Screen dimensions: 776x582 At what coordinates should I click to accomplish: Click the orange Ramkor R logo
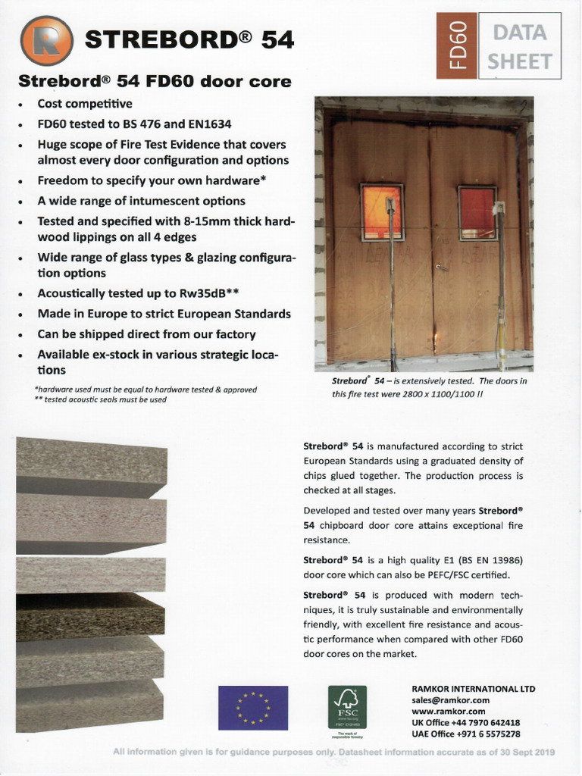(x=48, y=41)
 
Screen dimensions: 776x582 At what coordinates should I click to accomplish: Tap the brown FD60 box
(x=457, y=45)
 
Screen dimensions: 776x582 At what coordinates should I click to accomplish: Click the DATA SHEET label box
(x=519, y=45)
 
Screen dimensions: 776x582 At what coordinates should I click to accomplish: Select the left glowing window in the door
(x=382, y=212)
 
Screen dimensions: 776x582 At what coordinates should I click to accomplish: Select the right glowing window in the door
(x=477, y=212)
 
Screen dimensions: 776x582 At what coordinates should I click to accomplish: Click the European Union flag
(x=252, y=707)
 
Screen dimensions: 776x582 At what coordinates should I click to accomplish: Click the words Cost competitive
(x=85, y=104)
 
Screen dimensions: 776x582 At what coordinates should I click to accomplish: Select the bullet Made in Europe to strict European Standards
(x=164, y=314)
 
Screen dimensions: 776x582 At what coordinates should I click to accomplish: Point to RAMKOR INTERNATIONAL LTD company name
(x=473, y=689)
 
